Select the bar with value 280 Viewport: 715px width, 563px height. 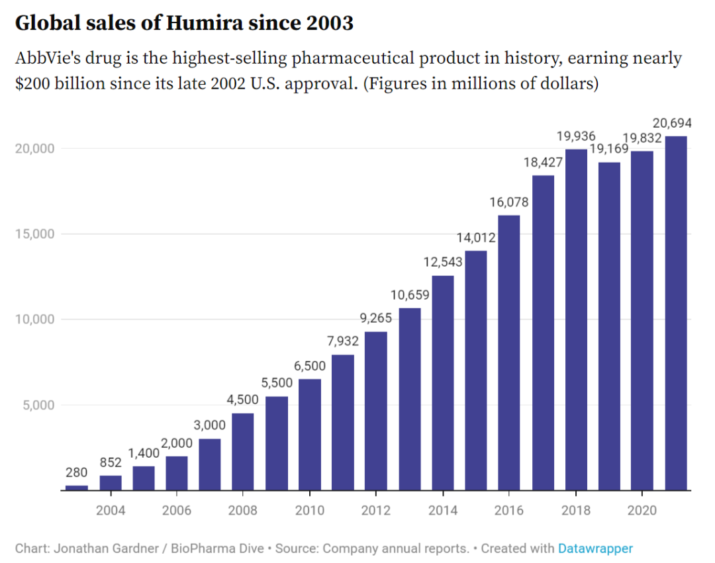tap(77, 488)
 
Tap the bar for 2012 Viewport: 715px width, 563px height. tap(376, 411)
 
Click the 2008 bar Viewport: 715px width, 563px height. tap(243, 452)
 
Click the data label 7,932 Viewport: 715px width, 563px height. tap(343, 342)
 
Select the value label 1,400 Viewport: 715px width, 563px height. tap(143, 453)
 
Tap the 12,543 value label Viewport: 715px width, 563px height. tap(443, 262)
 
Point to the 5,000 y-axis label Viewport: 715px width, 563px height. tap(37, 405)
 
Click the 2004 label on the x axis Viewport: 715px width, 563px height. tap(111, 510)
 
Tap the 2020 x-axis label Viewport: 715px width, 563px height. tap(642, 510)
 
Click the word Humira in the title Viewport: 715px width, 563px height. tap(201, 24)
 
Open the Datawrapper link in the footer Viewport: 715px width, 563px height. tap(595, 548)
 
